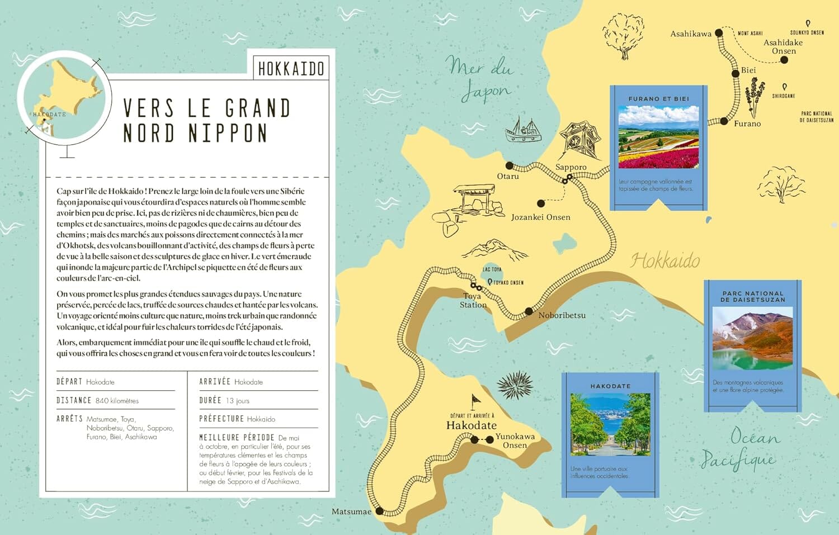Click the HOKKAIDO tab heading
tap(291, 69)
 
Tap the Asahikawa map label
tap(691, 34)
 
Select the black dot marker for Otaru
tap(509, 165)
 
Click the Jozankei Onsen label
tap(540, 217)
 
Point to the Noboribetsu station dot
tap(529, 311)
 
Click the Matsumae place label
tap(351, 512)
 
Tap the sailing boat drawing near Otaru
tap(523, 130)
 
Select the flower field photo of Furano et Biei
tap(658, 138)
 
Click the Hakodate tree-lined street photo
tap(610, 424)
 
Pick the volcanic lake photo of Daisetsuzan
tap(752, 338)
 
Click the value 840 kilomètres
tap(117, 401)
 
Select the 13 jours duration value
tap(238, 401)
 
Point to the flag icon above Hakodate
tap(475, 400)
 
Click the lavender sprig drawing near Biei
tap(754, 97)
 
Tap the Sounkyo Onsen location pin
tap(808, 24)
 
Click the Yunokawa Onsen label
tap(515, 441)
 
